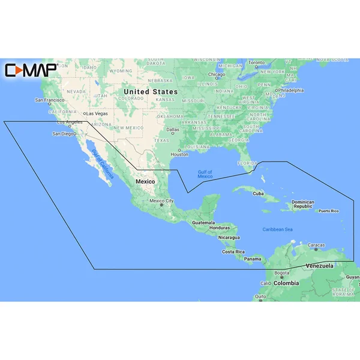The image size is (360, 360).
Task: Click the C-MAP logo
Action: (31, 70)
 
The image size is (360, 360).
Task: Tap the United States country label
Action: (151, 92)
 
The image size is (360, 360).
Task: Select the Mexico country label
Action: (146, 181)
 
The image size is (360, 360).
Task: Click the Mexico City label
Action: (161, 201)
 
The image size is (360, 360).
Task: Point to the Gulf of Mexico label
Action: (205, 174)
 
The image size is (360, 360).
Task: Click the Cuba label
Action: (259, 193)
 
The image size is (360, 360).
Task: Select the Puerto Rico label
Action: (329, 211)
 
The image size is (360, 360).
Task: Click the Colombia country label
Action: (287, 283)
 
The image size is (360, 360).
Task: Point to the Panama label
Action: (253, 259)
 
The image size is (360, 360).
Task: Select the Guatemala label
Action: (203, 223)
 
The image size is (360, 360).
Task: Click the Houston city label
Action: (179, 154)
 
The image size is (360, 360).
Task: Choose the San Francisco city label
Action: (49, 100)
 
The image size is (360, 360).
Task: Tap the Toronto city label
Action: (256, 62)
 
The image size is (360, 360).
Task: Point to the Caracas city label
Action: (316, 245)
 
